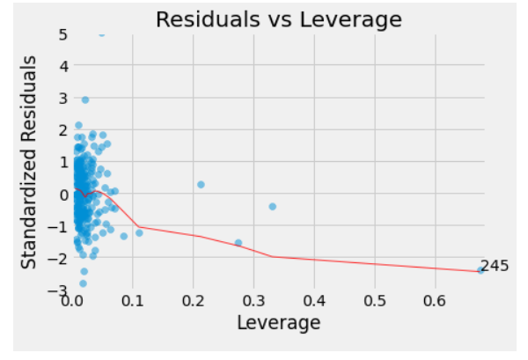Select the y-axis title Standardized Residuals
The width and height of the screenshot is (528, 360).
point(31,163)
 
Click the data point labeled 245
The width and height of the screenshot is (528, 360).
point(481,270)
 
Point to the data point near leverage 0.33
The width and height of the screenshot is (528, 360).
point(272,206)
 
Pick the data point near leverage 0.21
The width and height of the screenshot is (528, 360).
point(201,184)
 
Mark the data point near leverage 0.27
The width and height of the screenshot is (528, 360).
point(238,243)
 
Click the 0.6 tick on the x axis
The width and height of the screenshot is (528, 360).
point(436,302)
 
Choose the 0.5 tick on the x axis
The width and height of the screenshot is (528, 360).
point(375,302)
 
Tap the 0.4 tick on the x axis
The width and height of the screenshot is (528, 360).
point(314,302)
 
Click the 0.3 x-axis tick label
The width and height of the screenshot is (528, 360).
point(253,302)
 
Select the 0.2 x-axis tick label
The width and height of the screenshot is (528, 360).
point(193,302)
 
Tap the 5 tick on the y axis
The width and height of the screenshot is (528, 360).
point(62,34)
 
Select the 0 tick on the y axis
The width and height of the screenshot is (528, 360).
point(62,194)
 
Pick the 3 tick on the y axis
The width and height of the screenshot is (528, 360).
point(62,98)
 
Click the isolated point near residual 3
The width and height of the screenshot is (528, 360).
point(84,99)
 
